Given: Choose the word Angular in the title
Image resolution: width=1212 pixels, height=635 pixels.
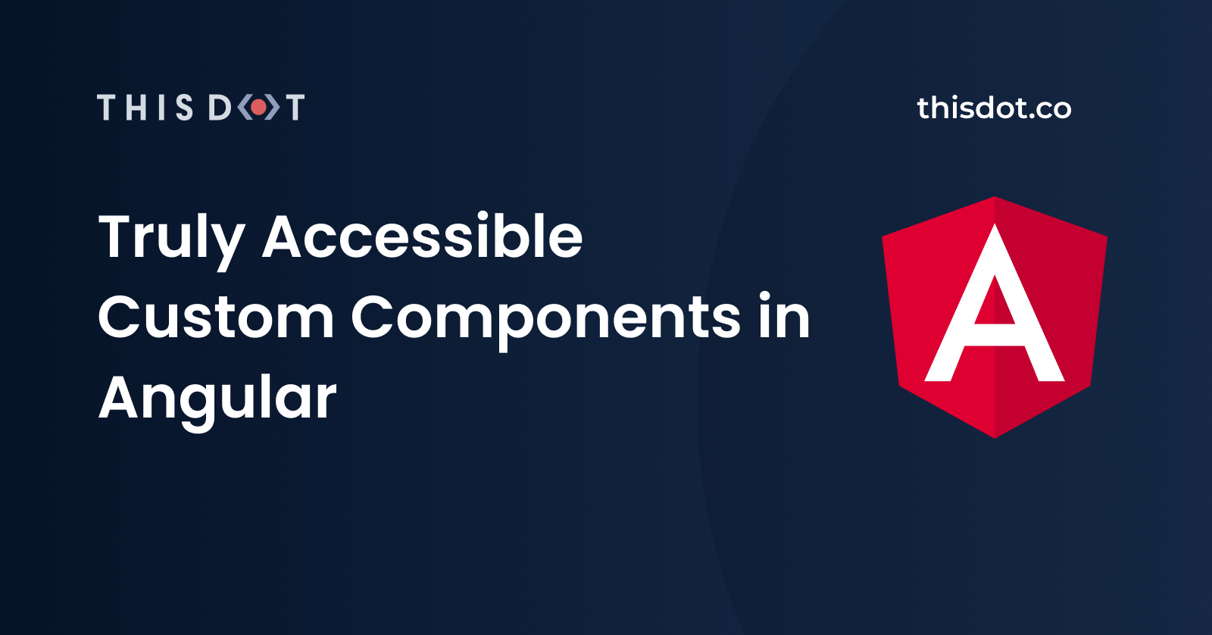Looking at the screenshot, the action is point(217,400).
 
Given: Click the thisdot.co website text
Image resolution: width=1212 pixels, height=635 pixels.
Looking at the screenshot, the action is point(994,108).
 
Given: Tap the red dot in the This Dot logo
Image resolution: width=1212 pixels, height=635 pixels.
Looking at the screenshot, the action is point(258,107).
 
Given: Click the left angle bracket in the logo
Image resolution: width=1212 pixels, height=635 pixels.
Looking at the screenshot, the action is point(245,107).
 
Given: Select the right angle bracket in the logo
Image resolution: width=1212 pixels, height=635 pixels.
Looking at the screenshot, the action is point(272,107).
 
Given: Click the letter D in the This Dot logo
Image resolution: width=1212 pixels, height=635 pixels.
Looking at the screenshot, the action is point(220,107).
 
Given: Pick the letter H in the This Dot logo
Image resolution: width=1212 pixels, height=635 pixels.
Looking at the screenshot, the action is point(136,107).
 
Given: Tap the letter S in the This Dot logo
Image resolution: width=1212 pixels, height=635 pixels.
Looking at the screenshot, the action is point(184,107).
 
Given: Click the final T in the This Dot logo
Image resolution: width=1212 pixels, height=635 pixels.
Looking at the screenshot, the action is point(295,107).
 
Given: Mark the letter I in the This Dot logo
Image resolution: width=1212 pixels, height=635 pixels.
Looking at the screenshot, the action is point(161,107).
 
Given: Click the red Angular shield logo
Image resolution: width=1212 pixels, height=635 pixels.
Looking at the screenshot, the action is point(995,317).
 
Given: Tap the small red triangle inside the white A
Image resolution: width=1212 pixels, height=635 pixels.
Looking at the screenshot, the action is point(995,304).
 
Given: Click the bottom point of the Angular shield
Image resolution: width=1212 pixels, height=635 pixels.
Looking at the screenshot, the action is point(995,438).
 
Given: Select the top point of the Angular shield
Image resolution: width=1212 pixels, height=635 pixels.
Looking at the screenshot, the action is point(995,197).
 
